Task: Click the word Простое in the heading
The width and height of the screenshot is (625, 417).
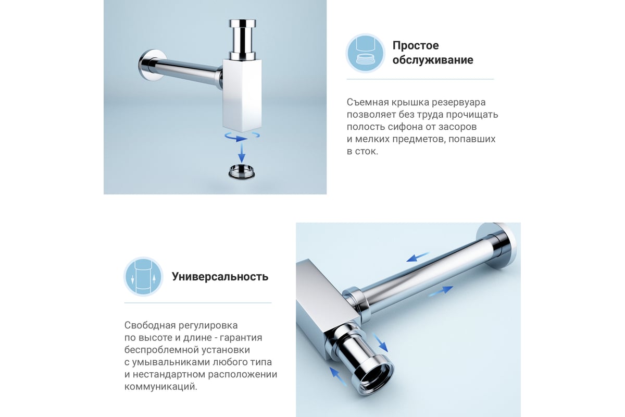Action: (416, 45)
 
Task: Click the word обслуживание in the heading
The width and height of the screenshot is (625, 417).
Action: (433, 60)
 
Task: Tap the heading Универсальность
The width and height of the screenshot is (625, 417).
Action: (220, 276)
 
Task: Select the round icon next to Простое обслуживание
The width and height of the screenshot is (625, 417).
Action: (366, 53)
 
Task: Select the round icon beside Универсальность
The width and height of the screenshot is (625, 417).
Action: (143, 276)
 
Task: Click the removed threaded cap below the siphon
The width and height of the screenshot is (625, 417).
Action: (242, 171)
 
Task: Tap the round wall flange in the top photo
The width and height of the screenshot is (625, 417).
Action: (151, 65)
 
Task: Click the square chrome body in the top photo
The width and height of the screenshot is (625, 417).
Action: (242, 95)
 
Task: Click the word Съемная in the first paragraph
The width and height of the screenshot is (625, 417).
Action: (367, 102)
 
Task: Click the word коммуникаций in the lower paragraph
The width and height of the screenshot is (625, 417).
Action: (161, 387)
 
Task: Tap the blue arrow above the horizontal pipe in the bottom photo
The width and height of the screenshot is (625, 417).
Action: (417, 256)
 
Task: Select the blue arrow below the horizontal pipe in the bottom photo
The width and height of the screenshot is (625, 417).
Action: (441, 291)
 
